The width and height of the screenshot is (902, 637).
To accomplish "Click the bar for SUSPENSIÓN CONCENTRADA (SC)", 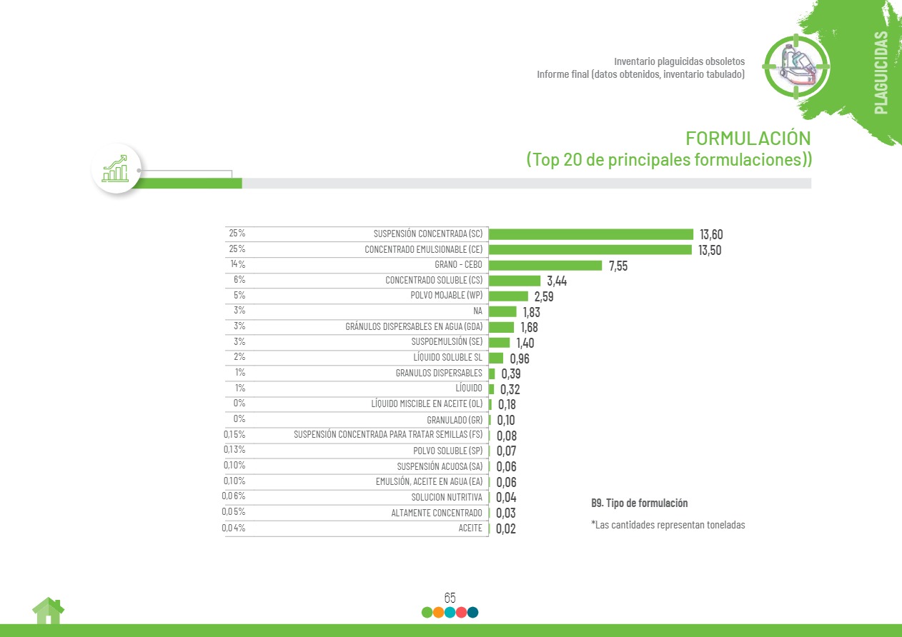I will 590,234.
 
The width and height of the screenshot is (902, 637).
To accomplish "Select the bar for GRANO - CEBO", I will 545,266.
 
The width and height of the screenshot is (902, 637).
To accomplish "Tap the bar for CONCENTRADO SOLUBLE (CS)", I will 514,281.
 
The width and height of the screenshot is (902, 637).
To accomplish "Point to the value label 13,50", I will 710,250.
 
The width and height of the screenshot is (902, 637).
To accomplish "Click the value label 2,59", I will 544,296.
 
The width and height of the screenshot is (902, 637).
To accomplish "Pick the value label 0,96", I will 520,358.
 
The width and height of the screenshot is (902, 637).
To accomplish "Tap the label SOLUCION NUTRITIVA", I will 447,497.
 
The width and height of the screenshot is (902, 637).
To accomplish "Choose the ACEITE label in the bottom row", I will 470,528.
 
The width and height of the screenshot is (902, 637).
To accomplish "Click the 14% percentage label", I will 237,264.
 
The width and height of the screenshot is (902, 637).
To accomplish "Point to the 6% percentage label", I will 239,280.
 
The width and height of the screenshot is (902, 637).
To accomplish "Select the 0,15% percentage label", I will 234,435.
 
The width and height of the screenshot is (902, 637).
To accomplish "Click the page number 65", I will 450,598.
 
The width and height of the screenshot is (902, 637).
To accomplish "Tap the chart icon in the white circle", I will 116,169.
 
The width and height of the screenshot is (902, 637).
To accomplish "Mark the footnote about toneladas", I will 668,525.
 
